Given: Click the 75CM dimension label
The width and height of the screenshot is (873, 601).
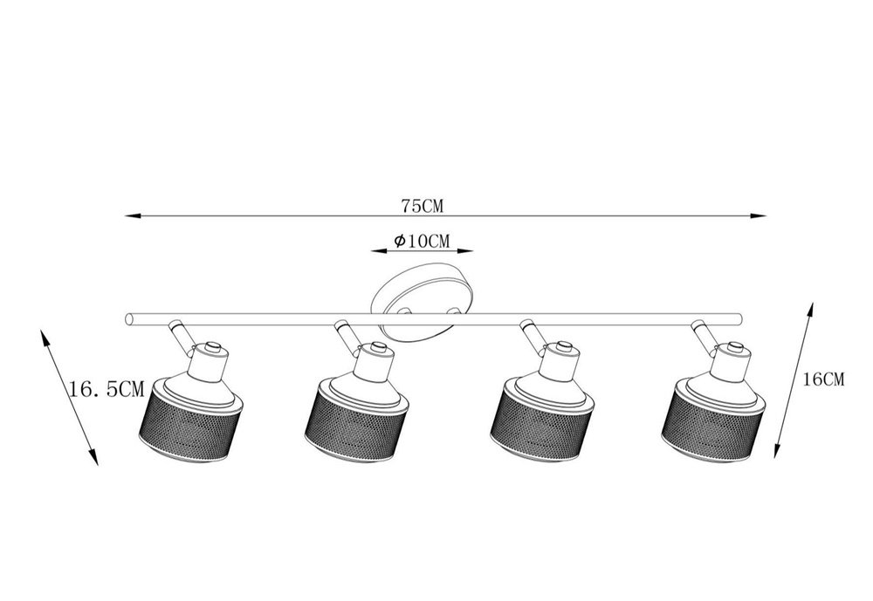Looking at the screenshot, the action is (x=423, y=206).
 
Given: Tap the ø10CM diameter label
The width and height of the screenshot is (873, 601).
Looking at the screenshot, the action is (x=422, y=241).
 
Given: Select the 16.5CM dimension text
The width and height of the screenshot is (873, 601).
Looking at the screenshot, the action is (x=107, y=388).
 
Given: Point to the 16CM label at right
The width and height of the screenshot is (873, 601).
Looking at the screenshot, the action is (x=823, y=379).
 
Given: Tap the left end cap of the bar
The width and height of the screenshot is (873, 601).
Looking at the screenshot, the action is (x=129, y=319).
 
